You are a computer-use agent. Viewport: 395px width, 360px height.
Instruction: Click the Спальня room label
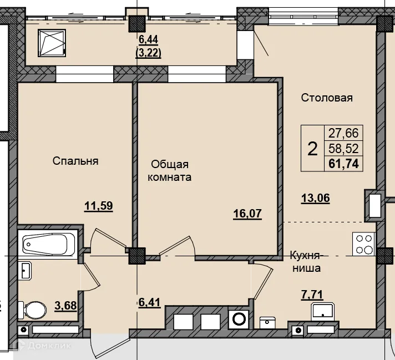[75, 161]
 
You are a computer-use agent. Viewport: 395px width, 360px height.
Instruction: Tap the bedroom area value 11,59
[99, 206]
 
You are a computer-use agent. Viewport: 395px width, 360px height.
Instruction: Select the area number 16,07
[247, 214]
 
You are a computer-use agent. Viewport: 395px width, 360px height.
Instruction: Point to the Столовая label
[327, 98]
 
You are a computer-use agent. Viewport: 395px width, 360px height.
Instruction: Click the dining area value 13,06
[316, 198]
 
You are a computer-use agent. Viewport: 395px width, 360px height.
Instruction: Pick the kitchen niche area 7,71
[312, 294]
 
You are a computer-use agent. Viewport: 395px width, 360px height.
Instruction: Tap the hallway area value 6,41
[149, 302]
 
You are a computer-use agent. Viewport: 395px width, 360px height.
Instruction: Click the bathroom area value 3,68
[65, 306]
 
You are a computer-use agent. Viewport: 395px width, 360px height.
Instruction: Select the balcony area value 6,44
[148, 39]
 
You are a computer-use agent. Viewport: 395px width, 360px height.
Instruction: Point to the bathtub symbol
[47, 244]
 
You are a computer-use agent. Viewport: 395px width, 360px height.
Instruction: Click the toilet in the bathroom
[32, 310]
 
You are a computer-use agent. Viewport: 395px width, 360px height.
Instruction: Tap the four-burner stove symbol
[363, 244]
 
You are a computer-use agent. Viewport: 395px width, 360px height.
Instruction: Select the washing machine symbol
[239, 319]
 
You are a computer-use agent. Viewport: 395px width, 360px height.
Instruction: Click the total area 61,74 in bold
[343, 164]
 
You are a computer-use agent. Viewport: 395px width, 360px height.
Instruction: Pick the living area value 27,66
[343, 133]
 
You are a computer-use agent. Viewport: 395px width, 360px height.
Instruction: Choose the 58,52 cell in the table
[343, 149]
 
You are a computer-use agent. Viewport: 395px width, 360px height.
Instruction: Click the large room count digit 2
[312, 149]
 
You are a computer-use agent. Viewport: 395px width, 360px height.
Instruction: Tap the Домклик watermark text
[49, 346]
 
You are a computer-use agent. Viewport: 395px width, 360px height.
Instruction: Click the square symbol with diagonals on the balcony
[52, 43]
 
